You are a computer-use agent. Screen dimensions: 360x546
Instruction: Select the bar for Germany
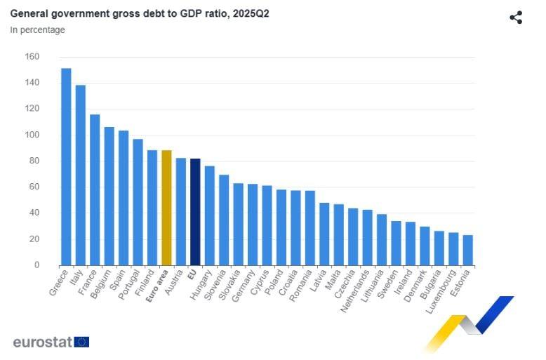coord(253,225)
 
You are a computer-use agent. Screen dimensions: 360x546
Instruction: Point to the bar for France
coord(95,189)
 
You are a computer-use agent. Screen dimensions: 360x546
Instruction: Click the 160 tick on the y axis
coord(32,57)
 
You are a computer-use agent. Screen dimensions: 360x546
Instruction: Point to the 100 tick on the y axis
coord(32,135)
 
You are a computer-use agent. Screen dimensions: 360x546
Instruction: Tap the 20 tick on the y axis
coord(34,239)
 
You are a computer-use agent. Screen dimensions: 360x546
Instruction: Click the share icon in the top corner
coord(516,18)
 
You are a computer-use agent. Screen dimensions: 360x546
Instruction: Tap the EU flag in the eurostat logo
coord(81,342)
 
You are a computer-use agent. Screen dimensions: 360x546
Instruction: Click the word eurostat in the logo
coord(42,342)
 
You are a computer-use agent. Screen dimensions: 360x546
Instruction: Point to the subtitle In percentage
coord(37,30)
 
